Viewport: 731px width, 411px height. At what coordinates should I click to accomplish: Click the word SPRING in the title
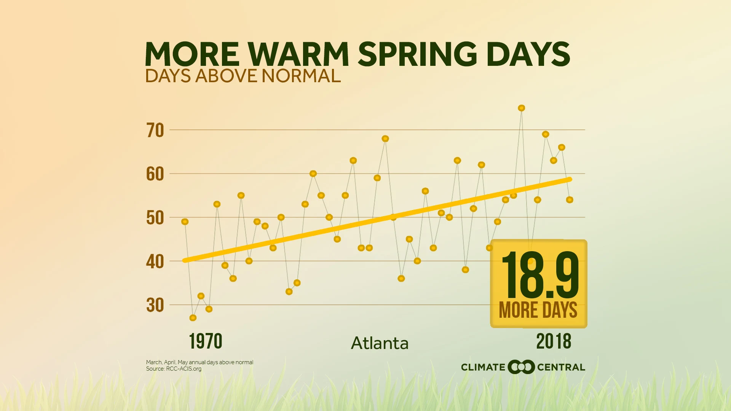pyautogui.click(x=417, y=54)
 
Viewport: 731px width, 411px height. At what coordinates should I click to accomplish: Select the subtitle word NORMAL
pyautogui.click(x=301, y=76)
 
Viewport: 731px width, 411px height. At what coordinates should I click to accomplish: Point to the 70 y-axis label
pyautogui.click(x=155, y=131)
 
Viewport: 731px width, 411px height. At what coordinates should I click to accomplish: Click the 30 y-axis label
pyautogui.click(x=155, y=305)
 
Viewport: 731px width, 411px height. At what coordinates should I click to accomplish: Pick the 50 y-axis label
pyautogui.click(x=155, y=218)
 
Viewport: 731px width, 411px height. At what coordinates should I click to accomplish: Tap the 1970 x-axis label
pyautogui.click(x=206, y=341)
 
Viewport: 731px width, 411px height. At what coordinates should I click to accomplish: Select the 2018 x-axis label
pyautogui.click(x=554, y=341)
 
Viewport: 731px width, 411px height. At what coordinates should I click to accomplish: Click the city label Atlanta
pyautogui.click(x=380, y=343)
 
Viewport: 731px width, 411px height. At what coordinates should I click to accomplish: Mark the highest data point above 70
pyautogui.click(x=522, y=108)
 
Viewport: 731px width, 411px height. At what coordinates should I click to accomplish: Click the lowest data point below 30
pyautogui.click(x=193, y=318)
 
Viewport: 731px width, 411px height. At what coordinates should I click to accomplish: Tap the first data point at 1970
pyautogui.click(x=185, y=222)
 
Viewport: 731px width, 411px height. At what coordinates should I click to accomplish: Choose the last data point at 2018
pyautogui.click(x=570, y=200)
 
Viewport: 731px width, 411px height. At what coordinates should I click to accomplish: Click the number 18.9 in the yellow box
pyautogui.click(x=539, y=275)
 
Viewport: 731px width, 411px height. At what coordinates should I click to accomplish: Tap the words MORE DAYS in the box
pyautogui.click(x=538, y=310)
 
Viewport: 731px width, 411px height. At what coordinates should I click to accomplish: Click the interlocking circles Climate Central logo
pyautogui.click(x=521, y=367)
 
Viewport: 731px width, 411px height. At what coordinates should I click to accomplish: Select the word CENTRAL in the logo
pyautogui.click(x=561, y=367)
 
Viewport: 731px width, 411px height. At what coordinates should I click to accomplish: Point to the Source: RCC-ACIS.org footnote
pyautogui.click(x=174, y=369)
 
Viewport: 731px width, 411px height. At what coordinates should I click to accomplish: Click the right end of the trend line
pyautogui.click(x=570, y=179)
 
